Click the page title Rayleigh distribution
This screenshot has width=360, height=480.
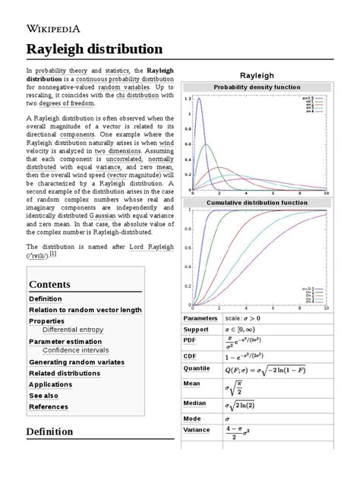(95, 49)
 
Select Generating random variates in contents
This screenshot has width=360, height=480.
(79, 362)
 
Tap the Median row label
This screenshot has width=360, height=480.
(196, 402)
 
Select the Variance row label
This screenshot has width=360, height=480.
(198, 430)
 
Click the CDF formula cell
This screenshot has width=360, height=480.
(256, 355)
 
